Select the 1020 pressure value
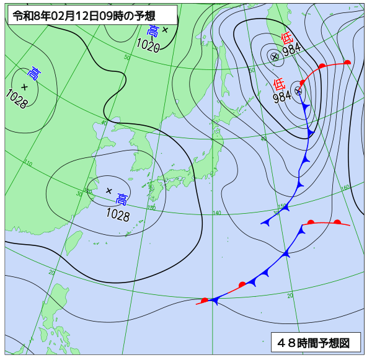click(x=148, y=46)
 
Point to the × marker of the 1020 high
click(x=165, y=29)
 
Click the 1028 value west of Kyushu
click(x=117, y=215)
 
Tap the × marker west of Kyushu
click(x=109, y=190)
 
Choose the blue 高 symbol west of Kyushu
click(x=122, y=200)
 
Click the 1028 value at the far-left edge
click(x=16, y=99)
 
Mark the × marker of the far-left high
click(x=24, y=86)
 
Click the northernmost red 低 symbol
click(x=286, y=38)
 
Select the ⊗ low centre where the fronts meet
click(x=298, y=90)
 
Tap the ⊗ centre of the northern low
click(x=274, y=56)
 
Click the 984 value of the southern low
click(x=282, y=97)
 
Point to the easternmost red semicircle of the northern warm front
click(x=347, y=62)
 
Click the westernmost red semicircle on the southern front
click(x=205, y=300)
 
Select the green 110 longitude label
click(x=29, y=163)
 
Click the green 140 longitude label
click(x=216, y=213)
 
